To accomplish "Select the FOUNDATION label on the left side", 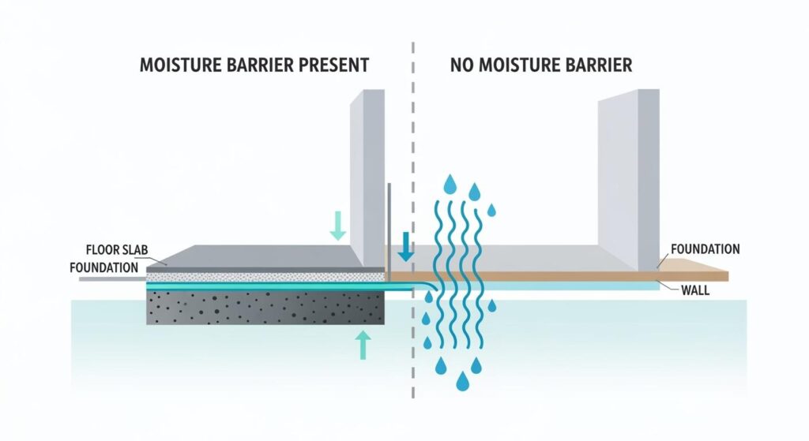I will [103, 267].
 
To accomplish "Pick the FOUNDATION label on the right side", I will [705, 249].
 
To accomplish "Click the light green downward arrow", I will [337, 226].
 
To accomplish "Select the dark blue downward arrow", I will [405, 246].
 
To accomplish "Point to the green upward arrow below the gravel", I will [363, 345].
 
